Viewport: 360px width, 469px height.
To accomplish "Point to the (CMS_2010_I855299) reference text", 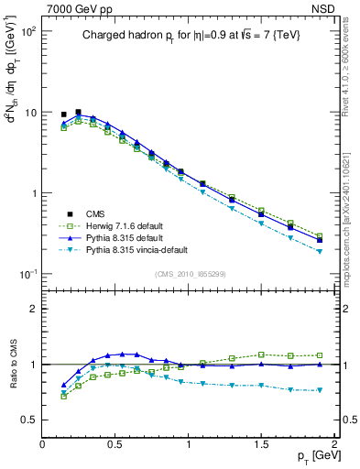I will tap(188, 274).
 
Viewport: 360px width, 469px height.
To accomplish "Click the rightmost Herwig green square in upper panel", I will tap(320, 235).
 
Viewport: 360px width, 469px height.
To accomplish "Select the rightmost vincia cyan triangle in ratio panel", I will tap(320, 390).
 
